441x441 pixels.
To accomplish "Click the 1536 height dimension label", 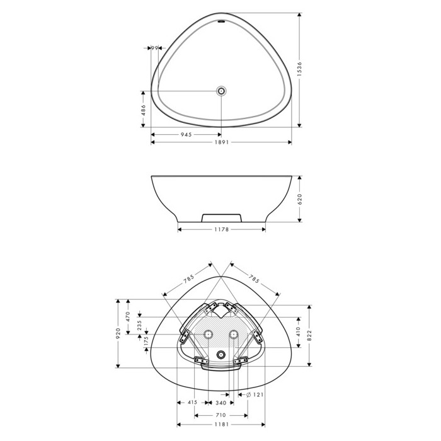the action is point(299,69).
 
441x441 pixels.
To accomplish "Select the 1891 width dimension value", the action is point(222,142).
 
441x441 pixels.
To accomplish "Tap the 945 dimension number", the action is point(186,135).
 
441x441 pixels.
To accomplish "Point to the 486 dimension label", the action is point(143,110).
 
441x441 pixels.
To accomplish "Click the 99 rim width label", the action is point(155,48).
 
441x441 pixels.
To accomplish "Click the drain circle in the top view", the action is point(221,91).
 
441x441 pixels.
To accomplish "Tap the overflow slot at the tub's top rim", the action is point(222,21).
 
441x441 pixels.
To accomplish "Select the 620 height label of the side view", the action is point(299,199).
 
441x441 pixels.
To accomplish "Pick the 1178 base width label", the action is point(222,229).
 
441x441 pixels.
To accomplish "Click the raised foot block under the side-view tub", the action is point(222,217).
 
